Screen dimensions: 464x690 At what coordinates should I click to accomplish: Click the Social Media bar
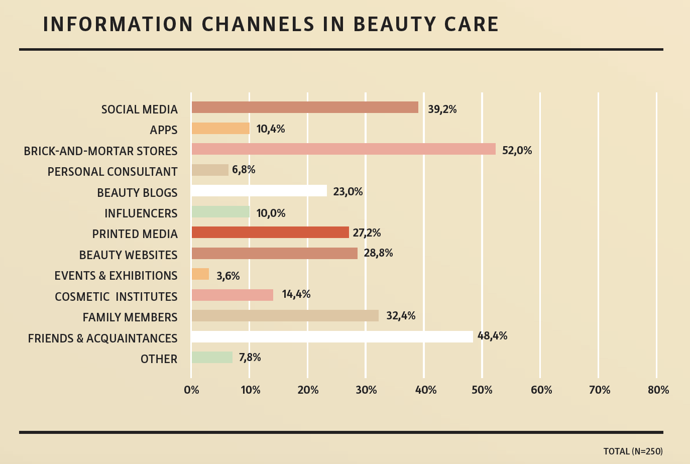point(304,107)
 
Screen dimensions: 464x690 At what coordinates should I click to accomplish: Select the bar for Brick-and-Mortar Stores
point(343,149)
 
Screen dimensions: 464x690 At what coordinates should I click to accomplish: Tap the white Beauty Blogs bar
point(259,191)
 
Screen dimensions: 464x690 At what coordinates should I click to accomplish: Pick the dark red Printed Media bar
point(270,233)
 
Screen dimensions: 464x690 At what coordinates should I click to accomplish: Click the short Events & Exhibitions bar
point(200,274)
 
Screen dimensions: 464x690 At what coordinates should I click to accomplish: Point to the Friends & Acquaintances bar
point(331,336)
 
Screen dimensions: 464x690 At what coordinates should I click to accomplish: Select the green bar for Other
point(211,358)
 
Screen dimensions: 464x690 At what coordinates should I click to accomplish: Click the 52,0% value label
point(517,150)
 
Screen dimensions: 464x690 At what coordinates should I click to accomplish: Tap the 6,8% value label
point(244,170)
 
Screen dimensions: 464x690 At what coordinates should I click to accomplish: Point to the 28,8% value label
point(378,253)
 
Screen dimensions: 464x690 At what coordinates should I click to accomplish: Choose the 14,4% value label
point(296,294)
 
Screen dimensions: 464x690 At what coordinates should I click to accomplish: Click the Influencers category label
point(141,213)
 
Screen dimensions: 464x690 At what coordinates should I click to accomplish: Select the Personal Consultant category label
point(112,172)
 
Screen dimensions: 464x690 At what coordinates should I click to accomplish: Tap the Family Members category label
point(130,317)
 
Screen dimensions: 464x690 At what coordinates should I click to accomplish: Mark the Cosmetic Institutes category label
point(116,297)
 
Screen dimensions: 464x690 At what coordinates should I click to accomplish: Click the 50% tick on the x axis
point(482,390)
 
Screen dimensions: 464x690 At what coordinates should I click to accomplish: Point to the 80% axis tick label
point(658,390)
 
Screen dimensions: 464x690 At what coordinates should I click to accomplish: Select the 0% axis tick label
point(191,390)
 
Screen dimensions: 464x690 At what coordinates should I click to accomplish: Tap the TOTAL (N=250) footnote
point(633,451)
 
